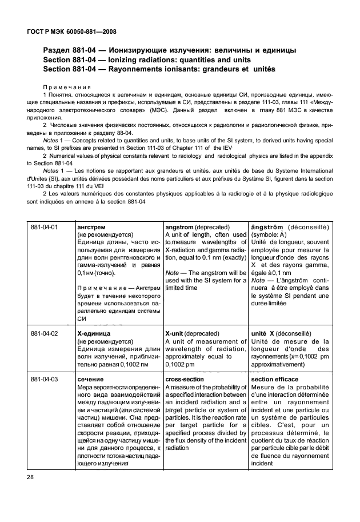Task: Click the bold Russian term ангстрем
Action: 90,227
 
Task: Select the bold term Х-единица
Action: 94,333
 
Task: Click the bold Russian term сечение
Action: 90,378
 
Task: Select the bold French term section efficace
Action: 277,378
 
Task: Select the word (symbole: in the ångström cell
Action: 266,234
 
